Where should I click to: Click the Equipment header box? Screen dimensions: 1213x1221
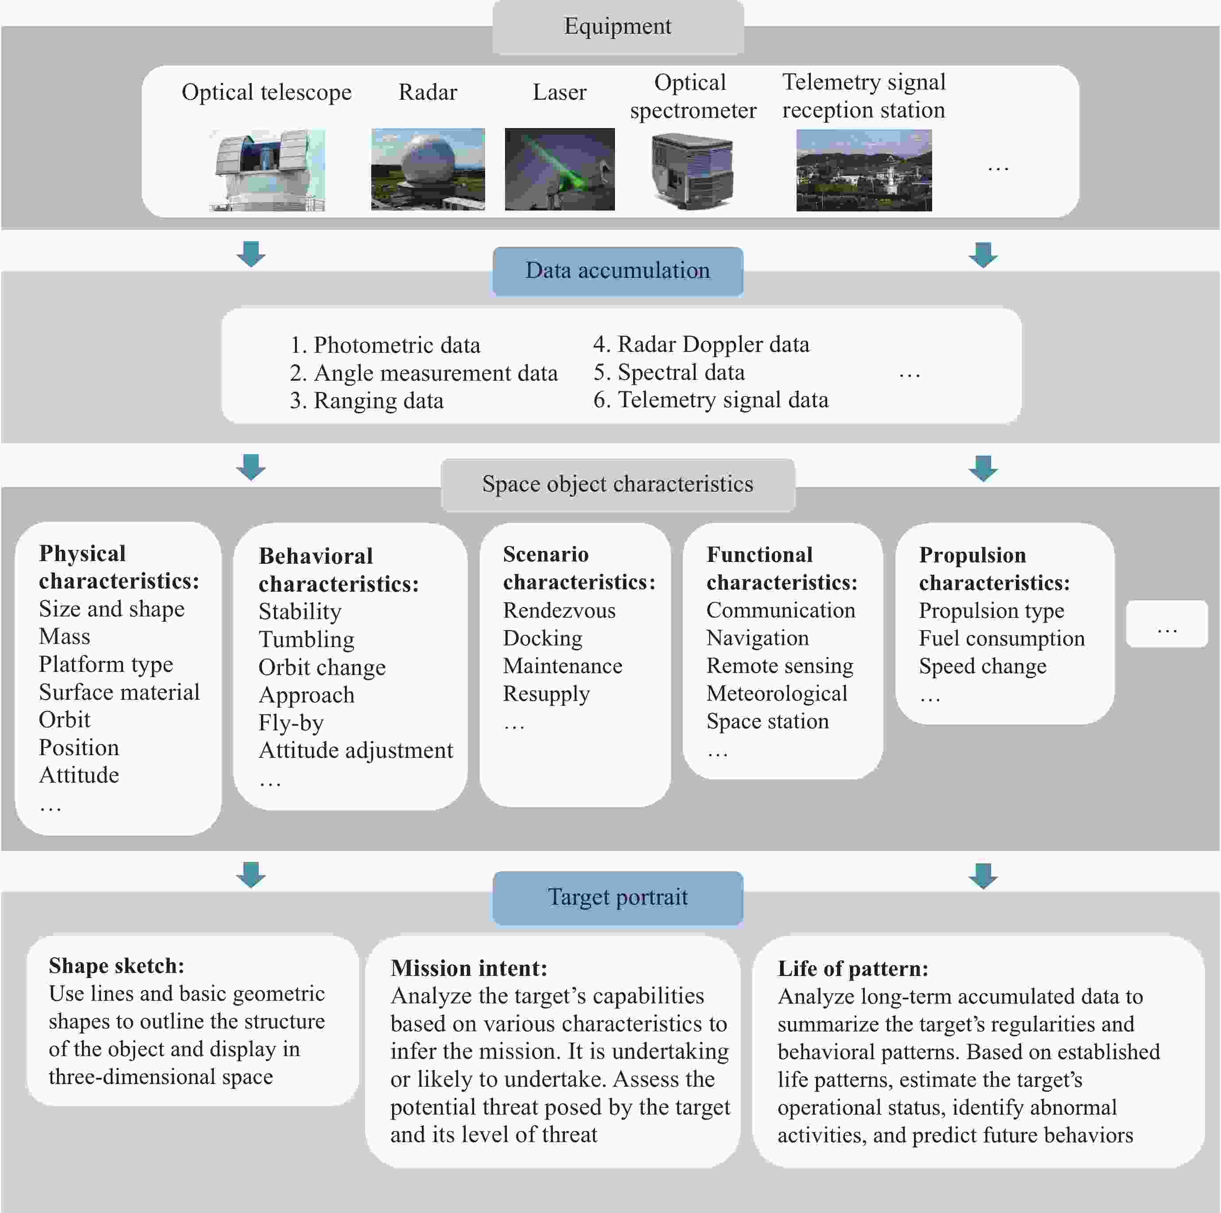tap(618, 27)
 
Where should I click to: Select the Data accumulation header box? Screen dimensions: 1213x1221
tap(618, 271)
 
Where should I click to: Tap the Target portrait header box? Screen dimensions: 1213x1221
tap(618, 897)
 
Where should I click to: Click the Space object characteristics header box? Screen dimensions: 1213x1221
tap(618, 484)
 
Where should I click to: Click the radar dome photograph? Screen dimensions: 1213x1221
tap(428, 169)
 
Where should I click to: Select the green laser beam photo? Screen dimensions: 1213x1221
tap(559, 169)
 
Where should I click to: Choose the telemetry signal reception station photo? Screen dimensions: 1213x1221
tap(863, 170)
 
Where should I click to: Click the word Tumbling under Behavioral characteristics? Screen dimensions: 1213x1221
tap(307, 640)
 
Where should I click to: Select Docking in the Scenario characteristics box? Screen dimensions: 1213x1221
tap(542, 639)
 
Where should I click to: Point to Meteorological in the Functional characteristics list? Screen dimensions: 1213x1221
tap(777, 694)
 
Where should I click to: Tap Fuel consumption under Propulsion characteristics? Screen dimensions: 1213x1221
tap(1001, 639)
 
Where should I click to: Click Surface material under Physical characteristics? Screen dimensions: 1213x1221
tap(119, 692)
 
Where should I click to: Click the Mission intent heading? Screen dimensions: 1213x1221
tap(469, 968)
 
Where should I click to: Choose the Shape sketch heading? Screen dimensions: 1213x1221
tap(116, 966)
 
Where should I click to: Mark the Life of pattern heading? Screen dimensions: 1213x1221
tap(852, 968)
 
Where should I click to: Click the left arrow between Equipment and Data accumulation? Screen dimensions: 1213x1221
tap(251, 254)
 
